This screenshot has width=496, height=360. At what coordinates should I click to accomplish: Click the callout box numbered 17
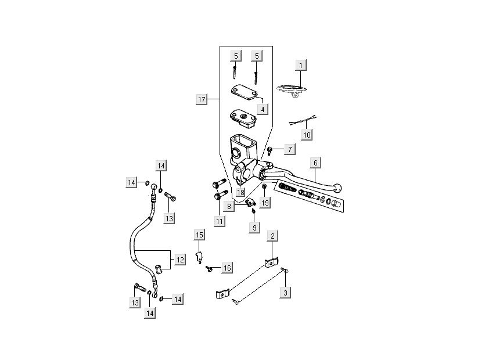click(x=202, y=100)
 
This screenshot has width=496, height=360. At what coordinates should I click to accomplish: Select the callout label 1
click(x=300, y=64)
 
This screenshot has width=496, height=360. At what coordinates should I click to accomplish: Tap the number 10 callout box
click(x=307, y=134)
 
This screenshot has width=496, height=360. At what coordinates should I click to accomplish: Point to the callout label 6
click(x=315, y=163)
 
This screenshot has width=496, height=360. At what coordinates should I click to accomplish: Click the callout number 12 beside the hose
click(x=180, y=260)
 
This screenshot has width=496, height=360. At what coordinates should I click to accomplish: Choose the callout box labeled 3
click(x=285, y=293)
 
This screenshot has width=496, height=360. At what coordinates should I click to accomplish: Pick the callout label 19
click(x=265, y=203)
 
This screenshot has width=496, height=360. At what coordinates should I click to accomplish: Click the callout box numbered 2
click(x=272, y=235)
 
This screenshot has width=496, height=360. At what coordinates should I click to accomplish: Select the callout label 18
click(x=240, y=192)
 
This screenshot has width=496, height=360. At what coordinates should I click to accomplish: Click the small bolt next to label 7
click(x=270, y=151)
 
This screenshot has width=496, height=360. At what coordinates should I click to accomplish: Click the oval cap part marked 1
click(x=293, y=89)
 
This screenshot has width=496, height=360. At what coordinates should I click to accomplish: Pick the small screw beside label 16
click(x=208, y=268)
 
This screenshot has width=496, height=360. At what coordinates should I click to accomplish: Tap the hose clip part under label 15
click(x=199, y=256)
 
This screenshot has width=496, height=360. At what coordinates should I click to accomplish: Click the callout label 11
click(x=219, y=221)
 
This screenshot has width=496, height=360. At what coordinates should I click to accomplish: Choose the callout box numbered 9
click(x=254, y=228)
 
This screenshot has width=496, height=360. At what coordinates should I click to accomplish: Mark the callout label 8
click(x=230, y=206)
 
